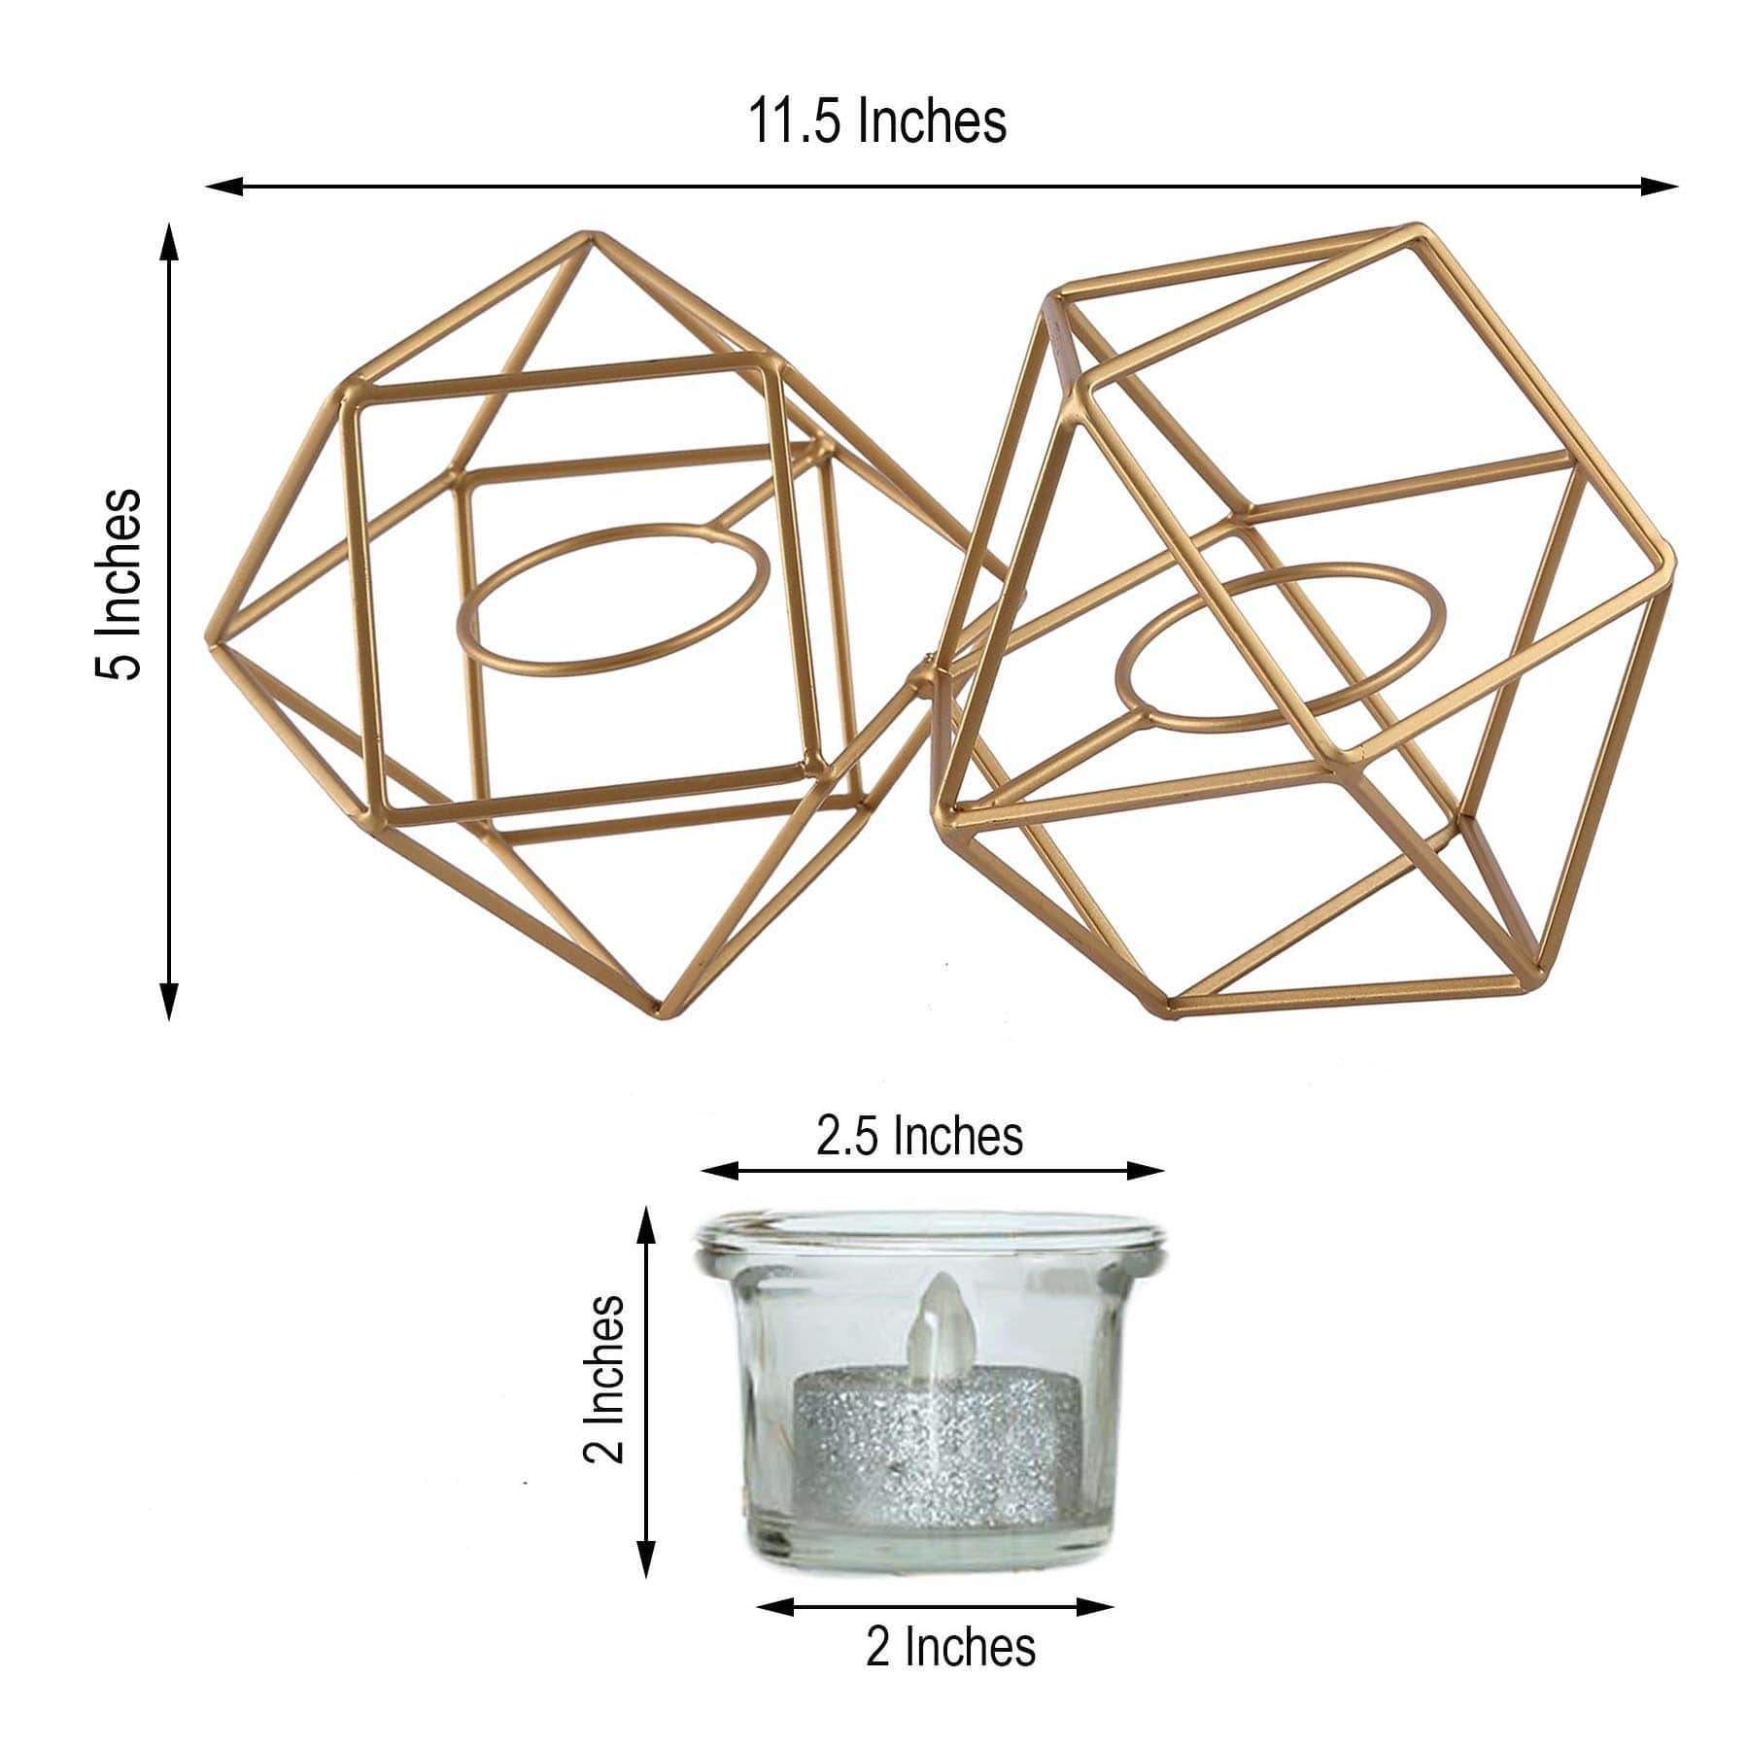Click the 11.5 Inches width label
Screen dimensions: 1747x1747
click(x=876, y=122)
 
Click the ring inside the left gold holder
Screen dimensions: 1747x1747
click(x=613, y=599)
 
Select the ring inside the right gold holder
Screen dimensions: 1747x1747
click(x=1281, y=646)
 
